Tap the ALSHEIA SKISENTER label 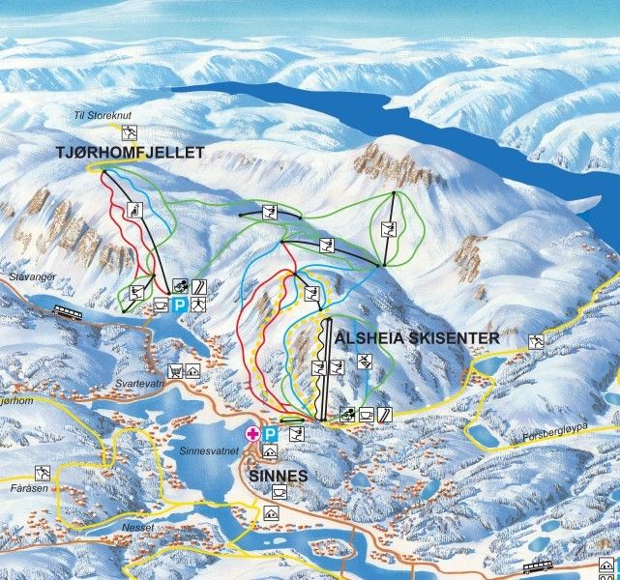click(417, 338)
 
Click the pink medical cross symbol click(253, 434)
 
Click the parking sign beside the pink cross click(271, 434)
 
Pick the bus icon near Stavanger click(66, 312)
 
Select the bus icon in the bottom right click(537, 567)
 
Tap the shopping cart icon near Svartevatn click(175, 370)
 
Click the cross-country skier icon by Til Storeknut click(130, 133)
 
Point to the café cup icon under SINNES click(279, 493)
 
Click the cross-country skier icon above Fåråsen click(42, 473)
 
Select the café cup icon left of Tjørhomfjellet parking click(160, 304)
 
